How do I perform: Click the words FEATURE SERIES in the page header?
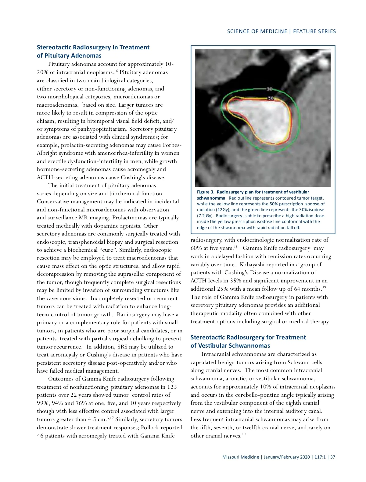coord(314,31)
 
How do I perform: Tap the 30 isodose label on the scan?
coord(269,89)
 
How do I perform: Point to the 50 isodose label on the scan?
coord(271,98)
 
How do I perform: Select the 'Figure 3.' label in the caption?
coord(206,192)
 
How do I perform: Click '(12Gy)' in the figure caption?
coord(223,210)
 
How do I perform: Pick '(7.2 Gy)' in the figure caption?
coord(205,216)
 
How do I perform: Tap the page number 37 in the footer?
coord(333,457)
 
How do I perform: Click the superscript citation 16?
coord(116,71)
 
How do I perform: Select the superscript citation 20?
coord(243,434)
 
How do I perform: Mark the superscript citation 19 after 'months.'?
coord(325,287)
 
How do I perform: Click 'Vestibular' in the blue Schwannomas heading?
coord(213,346)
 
